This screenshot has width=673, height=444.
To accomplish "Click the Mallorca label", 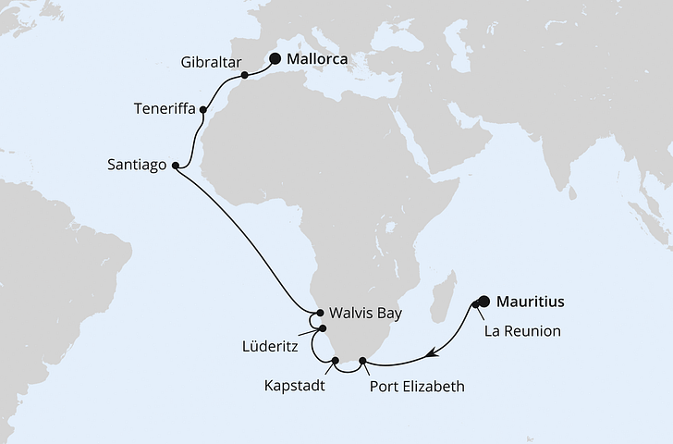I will (x=317, y=59).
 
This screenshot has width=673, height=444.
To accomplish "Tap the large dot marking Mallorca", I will (x=275, y=59).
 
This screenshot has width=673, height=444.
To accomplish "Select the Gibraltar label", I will (x=213, y=63).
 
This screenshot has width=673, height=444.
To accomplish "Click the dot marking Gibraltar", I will (x=244, y=75).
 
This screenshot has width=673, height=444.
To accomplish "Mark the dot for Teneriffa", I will (x=203, y=109).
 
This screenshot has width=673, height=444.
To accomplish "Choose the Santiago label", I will (x=136, y=166).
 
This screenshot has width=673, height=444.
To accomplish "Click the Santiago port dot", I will (x=175, y=166).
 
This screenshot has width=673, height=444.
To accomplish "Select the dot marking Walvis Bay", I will (x=321, y=313).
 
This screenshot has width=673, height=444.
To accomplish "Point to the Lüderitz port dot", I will (x=323, y=328).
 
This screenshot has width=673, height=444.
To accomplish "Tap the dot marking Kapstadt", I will (x=335, y=361).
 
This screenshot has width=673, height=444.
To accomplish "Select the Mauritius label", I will (x=531, y=301).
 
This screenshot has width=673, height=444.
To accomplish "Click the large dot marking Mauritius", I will (x=483, y=301).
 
